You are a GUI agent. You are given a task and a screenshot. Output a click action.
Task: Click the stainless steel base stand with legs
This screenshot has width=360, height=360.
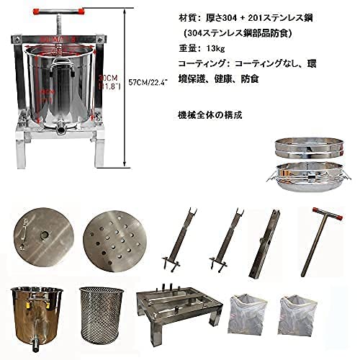coord(178,315)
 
